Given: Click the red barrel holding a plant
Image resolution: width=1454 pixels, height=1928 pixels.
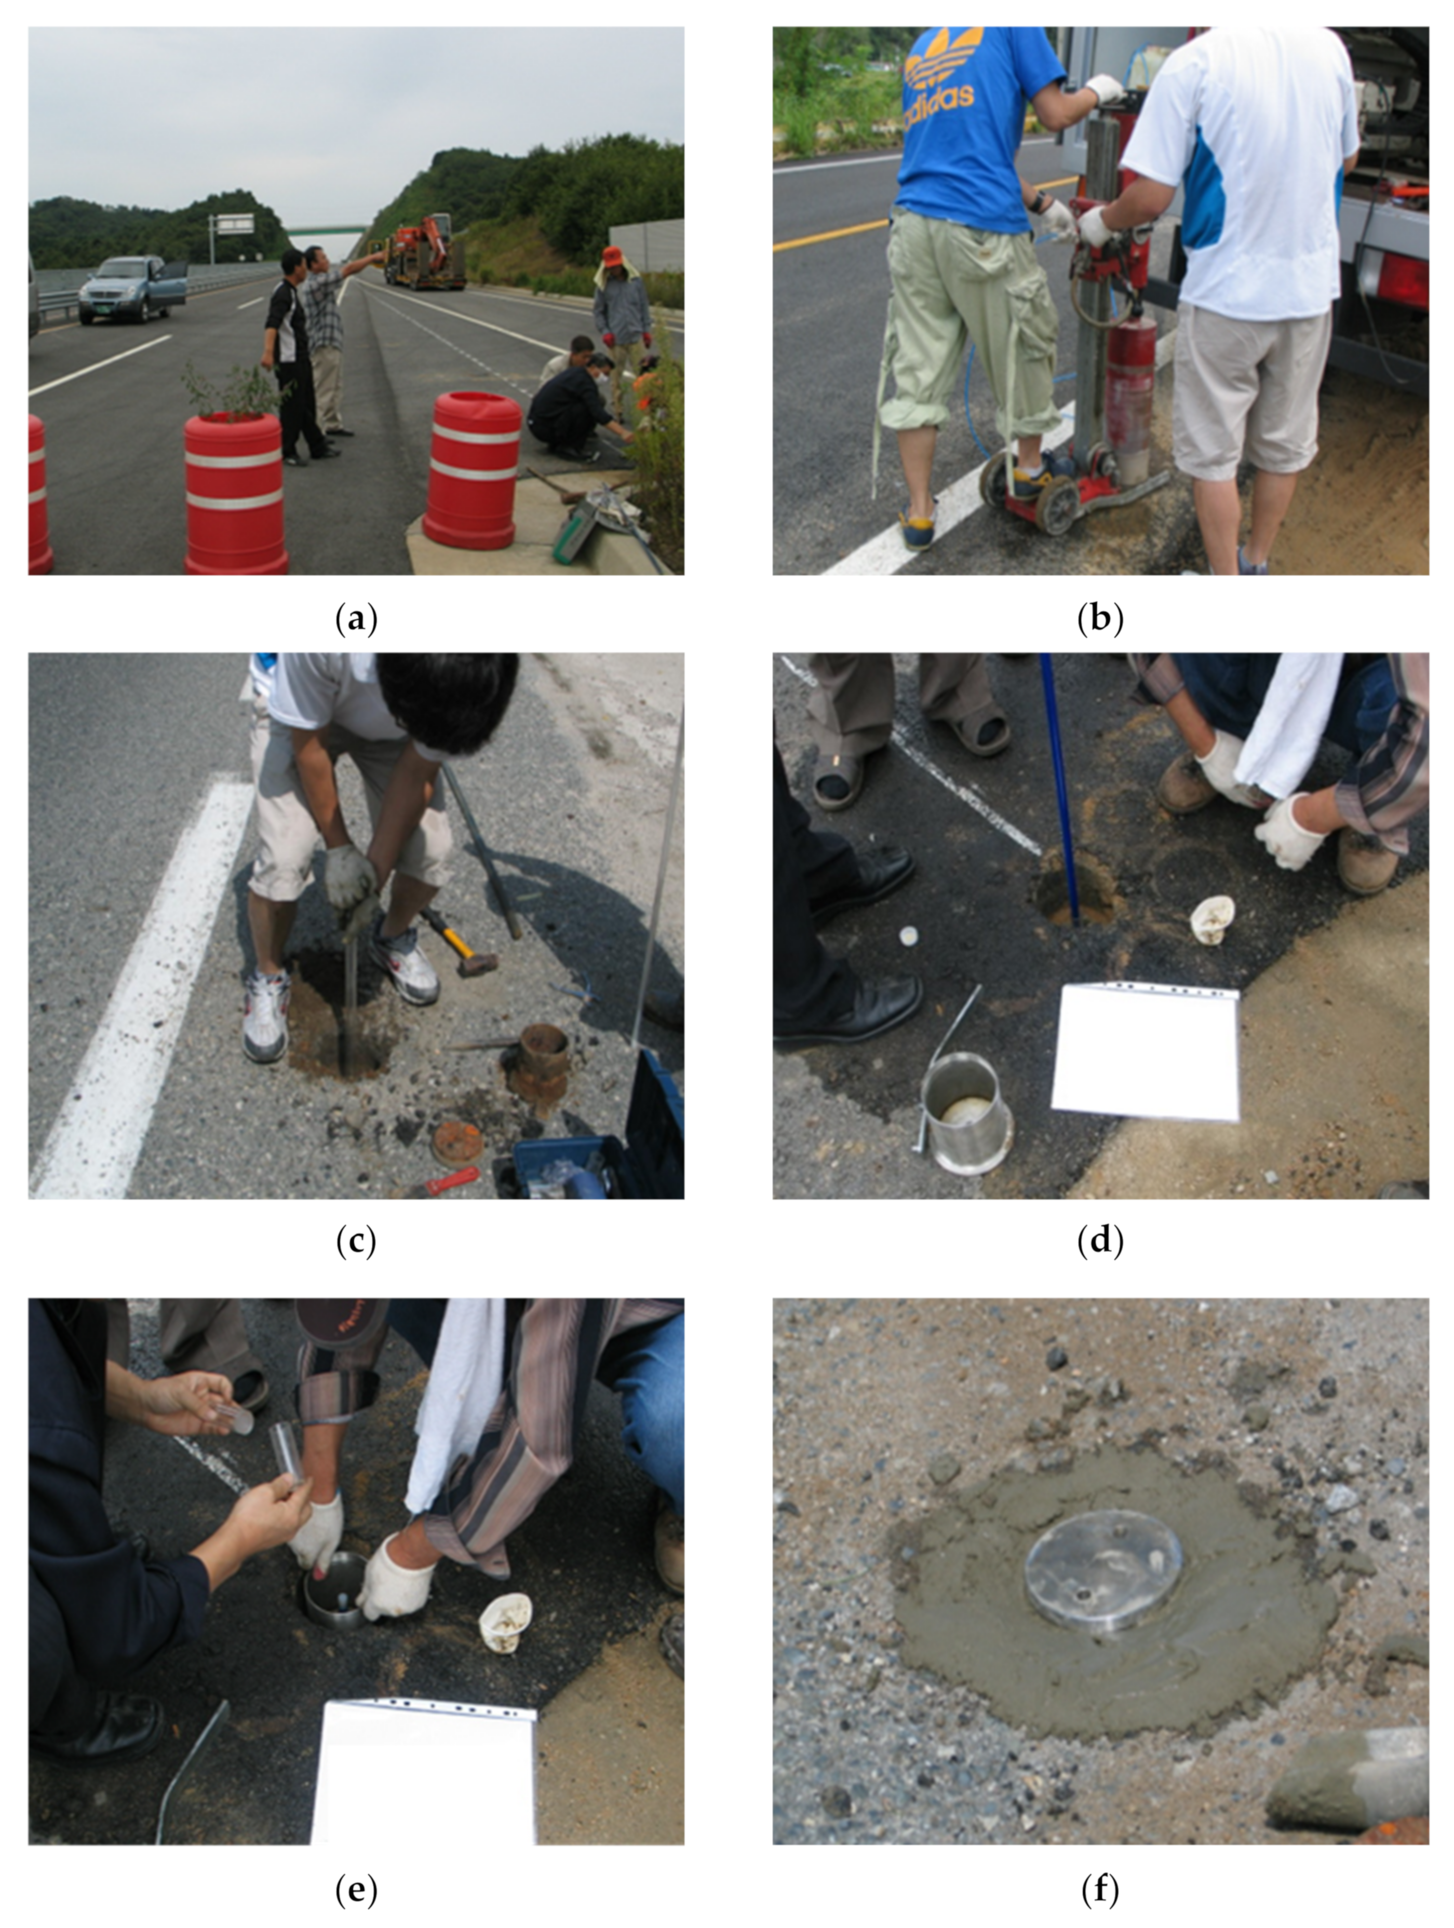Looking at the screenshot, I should coord(235,493).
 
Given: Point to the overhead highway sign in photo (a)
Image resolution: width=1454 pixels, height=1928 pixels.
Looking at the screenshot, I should coord(234,224).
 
